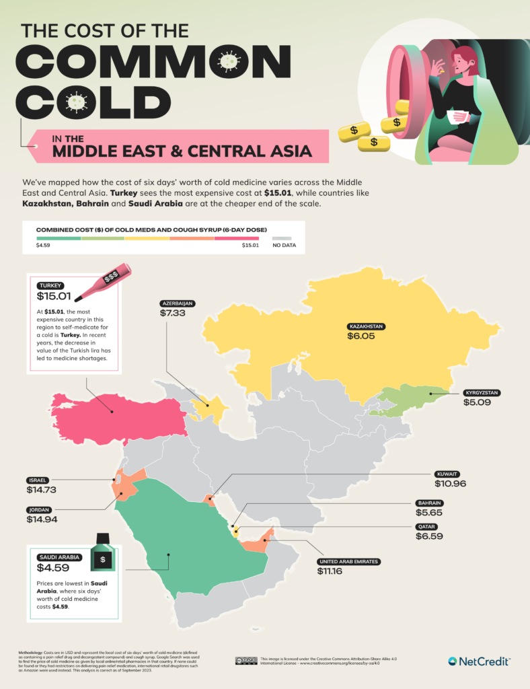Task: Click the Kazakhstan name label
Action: click(x=365, y=326)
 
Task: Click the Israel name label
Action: click(x=37, y=480)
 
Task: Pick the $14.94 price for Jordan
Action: click(x=42, y=519)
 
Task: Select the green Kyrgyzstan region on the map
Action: click(x=404, y=400)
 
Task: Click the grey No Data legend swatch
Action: click(x=282, y=237)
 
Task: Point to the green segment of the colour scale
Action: click(x=58, y=237)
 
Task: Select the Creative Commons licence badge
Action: click(x=246, y=660)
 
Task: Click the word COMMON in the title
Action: click(x=151, y=64)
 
